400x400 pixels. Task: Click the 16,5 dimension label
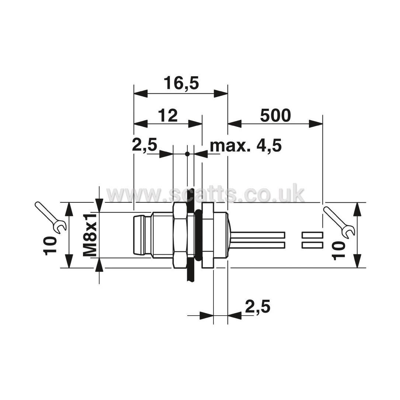(x=181, y=83)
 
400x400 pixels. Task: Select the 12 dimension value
(x=168, y=115)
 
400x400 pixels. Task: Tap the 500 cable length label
(x=275, y=115)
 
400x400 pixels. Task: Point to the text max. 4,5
(x=246, y=146)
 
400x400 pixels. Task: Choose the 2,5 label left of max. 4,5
(x=145, y=145)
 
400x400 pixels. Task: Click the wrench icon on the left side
(x=50, y=218)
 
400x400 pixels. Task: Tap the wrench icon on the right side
(x=339, y=221)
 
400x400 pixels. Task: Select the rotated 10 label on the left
(x=50, y=246)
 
